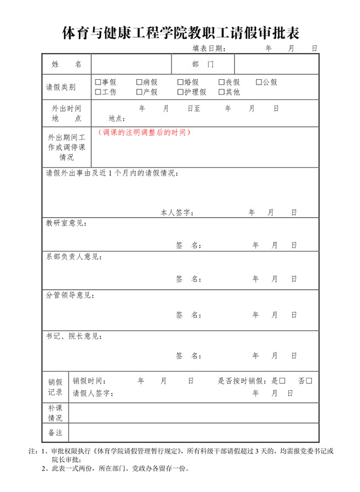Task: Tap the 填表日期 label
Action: (209, 48)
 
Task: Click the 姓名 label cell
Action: (67, 64)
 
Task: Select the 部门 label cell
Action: (203, 64)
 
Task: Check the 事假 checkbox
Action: (98, 82)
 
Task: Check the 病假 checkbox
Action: (139, 82)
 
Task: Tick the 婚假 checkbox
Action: (181, 82)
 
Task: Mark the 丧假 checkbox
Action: (222, 82)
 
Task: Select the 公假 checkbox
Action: (259, 82)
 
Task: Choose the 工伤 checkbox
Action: (98, 92)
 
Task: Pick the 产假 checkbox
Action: (139, 92)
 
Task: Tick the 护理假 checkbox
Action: (181, 92)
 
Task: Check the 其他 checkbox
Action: (222, 92)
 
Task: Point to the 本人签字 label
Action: (177, 213)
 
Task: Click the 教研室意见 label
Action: (66, 223)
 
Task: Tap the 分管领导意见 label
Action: (70, 295)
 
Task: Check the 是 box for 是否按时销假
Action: (282, 381)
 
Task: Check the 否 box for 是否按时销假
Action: (309, 381)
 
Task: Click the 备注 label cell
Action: (55, 432)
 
